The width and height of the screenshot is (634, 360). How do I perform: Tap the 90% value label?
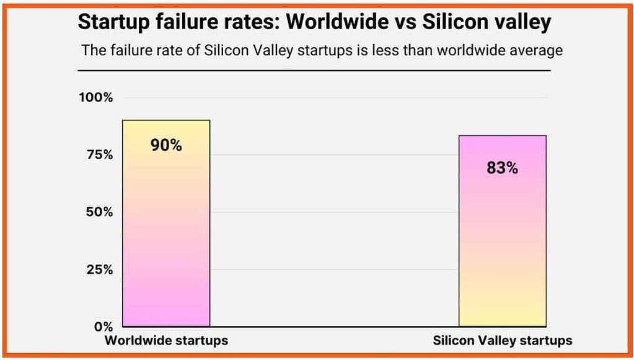pos(166,145)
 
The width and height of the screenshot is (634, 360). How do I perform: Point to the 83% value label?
pos(502,167)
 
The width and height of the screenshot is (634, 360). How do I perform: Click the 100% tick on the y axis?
pos(95,98)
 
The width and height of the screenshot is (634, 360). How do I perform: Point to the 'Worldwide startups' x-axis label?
pos(166,341)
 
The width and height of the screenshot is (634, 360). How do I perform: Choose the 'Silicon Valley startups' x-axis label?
pos(502,341)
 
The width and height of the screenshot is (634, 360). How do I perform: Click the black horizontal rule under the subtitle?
pos(314,71)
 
